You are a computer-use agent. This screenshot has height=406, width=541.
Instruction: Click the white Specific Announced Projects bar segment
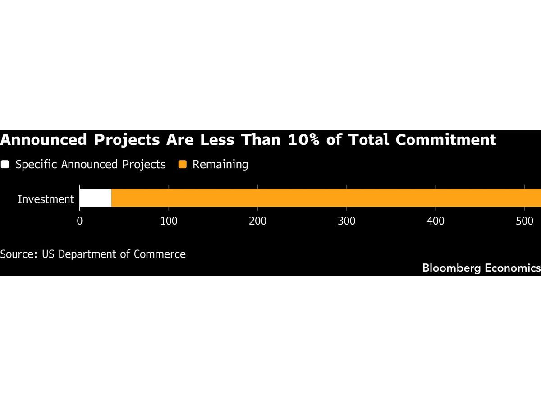(96, 198)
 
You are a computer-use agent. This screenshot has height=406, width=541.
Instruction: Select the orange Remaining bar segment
(325, 198)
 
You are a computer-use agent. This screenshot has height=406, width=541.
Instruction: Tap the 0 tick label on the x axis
(80, 221)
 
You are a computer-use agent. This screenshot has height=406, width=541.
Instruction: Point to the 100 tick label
(169, 221)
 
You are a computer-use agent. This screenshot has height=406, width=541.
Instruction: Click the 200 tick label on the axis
(257, 221)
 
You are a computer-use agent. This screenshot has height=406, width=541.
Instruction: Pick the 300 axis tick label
(347, 221)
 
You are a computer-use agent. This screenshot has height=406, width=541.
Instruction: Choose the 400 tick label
(436, 221)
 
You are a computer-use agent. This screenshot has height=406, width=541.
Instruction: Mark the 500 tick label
(525, 221)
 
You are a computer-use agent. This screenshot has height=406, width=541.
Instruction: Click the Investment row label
(46, 199)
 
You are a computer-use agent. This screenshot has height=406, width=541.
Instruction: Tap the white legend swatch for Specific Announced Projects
(5, 165)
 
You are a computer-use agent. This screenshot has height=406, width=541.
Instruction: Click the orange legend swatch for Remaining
(182, 165)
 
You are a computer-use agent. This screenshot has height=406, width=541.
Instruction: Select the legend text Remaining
(220, 165)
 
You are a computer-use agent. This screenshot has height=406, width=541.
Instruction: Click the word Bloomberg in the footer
(451, 268)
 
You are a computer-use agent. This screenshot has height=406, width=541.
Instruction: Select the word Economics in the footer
(513, 268)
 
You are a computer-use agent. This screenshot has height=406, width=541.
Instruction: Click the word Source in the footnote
(18, 254)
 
